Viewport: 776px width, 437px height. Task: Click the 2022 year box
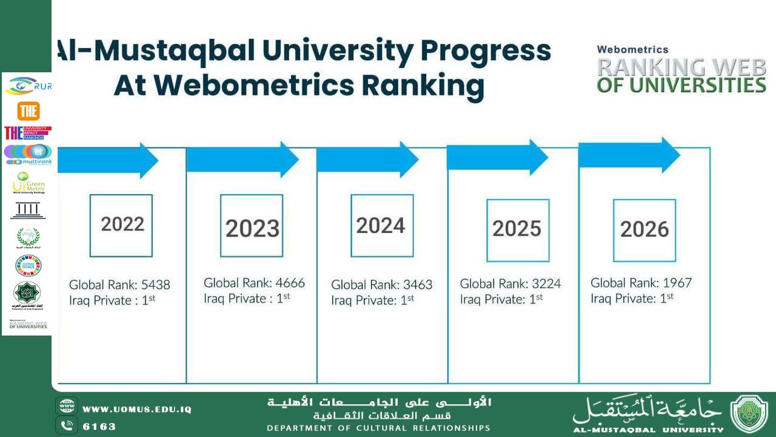[121, 225]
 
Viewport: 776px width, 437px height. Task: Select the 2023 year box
[252, 226]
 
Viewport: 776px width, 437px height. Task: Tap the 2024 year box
[382, 225]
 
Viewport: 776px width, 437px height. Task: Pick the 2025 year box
[518, 230]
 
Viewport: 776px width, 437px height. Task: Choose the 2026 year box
[644, 230]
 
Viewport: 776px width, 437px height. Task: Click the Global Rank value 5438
[156, 285]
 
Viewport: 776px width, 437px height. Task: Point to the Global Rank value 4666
[290, 283]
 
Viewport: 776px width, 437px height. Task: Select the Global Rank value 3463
[418, 285]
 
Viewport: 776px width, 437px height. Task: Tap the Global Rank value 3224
[546, 283]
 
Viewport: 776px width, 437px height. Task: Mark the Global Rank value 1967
[677, 283]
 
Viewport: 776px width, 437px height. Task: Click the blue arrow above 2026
[629, 155]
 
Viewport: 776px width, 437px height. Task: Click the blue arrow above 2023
[242, 160]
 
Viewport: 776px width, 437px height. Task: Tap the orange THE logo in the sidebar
[28, 111]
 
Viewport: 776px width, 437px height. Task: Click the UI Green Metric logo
[28, 183]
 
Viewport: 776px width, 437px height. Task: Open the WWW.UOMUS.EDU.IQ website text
[137, 409]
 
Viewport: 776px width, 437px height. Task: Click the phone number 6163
[99, 426]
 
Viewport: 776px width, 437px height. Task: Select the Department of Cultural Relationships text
[379, 428]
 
